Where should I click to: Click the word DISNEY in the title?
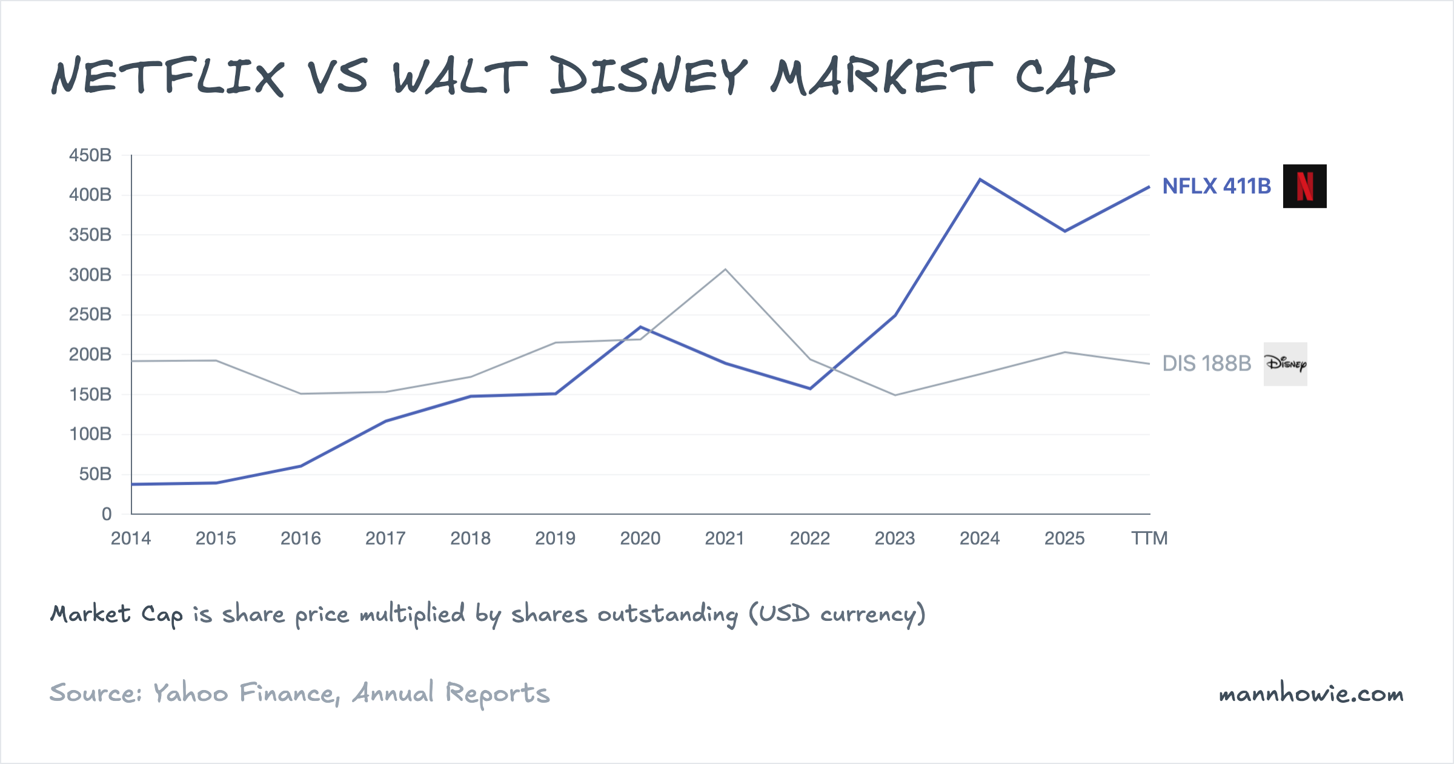coord(648,77)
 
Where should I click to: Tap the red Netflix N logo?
coord(1304,186)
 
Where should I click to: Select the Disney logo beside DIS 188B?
coord(1285,364)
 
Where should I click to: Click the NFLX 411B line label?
coord(1216,186)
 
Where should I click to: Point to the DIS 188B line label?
coord(1206,364)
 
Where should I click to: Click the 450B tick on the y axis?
coord(90,155)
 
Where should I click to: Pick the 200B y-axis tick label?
coord(90,355)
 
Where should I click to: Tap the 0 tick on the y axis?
coord(107,514)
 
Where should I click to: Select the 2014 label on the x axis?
coord(131,538)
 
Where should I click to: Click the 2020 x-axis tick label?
coord(640,538)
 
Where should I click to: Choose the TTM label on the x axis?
coord(1149,538)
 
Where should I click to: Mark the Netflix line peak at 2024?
coord(980,179)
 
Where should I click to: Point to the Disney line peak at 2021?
coord(725,269)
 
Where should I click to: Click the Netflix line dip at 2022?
coord(810,389)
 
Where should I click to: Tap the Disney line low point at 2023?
coord(895,395)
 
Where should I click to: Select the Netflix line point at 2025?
coord(1065,231)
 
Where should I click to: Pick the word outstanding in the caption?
coord(668,614)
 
